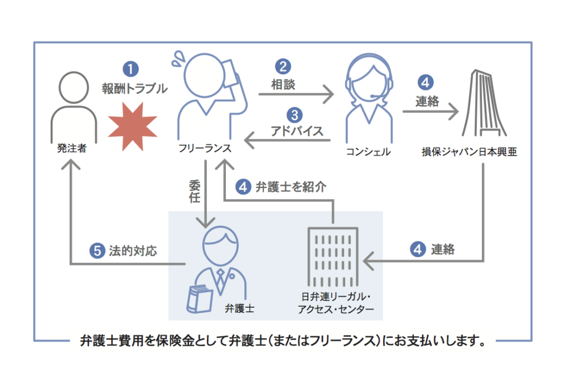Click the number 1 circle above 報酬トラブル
(x=130, y=69)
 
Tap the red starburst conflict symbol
(x=133, y=127)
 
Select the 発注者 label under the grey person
(x=72, y=148)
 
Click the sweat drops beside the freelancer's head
(x=178, y=59)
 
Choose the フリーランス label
(x=205, y=148)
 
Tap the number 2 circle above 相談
(x=283, y=66)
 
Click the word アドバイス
(x=297, y=131)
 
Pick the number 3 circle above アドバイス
(x=294, y=115)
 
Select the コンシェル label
(x=368, y=152)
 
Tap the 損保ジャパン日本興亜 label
(x=470, y=152)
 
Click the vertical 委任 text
(x=195, y=191)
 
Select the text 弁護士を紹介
(x=291, y=187)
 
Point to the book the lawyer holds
(x=200, y=299)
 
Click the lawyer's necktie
(x=221, y=281)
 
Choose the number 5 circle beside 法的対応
(x=97, y=251)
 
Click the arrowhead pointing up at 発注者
(x=71, y=164)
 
